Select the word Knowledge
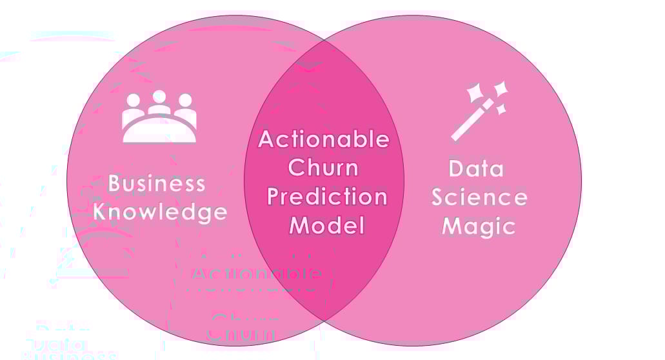pyautogui.click(x=161, y=212)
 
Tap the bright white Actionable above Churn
pyautogui.click(x=324, y=139)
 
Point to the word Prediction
pyautogui.click(x=327, y=197)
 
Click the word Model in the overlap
pyautogui.click(x=327, y=225)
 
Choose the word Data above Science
pyautogui.click(x=476, y=169)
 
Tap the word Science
pyautogui.click(x=479, y=197)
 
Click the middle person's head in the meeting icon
pyautogui.click(x=159, y=97)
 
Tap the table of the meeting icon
pyautogui.click(x=159, y=132)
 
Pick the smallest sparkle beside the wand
pyautogui.click(x=501, y=110)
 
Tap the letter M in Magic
pyautogui.click(x=453, y=226)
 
